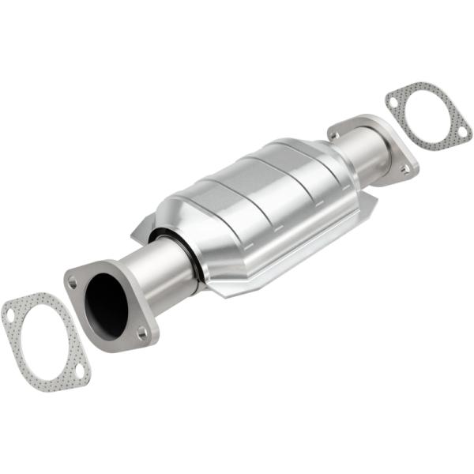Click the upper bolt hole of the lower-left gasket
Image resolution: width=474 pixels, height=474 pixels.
coord(10,315)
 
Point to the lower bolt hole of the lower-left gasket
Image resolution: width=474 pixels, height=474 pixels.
coord(80,370)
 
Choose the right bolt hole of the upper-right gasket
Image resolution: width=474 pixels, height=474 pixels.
coord(463,132)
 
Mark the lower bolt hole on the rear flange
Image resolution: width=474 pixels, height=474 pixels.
coord(405,169)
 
